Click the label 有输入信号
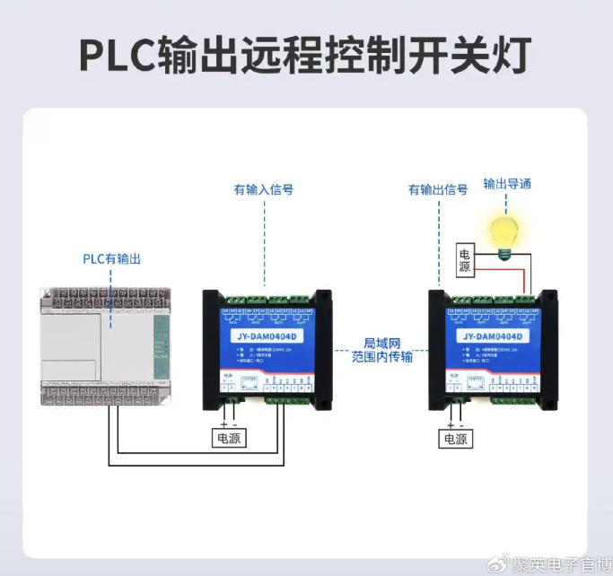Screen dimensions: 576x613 click(264, 190)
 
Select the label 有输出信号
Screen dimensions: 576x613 click(438, 190)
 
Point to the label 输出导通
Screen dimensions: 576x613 click(508, 184)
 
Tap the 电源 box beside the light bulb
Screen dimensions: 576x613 click(464, 260)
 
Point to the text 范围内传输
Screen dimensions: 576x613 click(382, 358)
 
